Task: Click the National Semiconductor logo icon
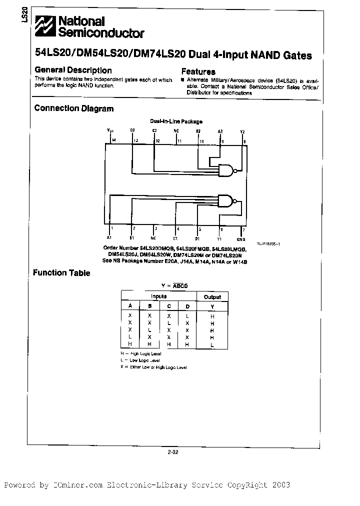(x=43, y=26)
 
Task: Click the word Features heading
(x=198, y=72)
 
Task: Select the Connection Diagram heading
(x=73, y=108)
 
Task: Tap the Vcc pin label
(x=110, y=130)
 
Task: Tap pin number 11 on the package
(x=179, y=141)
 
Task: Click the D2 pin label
(x=132, y=130)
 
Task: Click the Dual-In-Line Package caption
(x=176, y=121)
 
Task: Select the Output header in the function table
(x=212, y=297)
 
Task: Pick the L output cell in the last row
(x=212, y=344)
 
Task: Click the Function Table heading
(x=61, y=273)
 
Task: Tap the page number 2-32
(x=173, y=452)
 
